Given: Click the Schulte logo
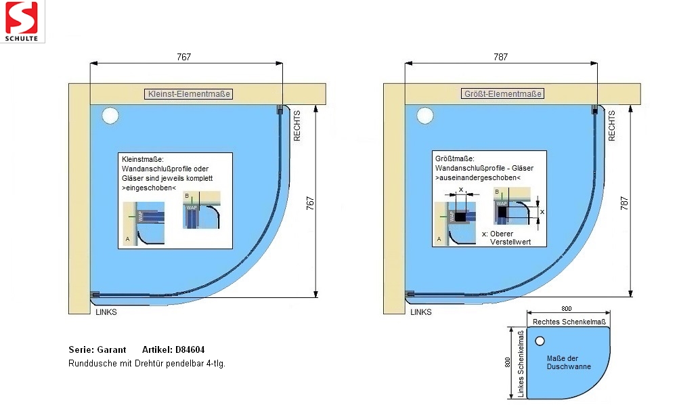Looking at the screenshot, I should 22,22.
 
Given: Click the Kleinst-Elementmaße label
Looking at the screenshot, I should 189,94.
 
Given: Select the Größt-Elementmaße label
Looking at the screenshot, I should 503,94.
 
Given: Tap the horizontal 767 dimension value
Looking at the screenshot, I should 184,58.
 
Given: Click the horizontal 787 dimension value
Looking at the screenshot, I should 500,58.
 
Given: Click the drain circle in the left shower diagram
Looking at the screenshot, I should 110,116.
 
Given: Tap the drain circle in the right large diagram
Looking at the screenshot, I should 424,116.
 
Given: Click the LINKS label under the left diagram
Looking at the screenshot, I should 106,312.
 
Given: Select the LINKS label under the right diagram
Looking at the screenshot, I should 420,312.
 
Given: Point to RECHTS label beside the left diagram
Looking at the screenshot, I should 297,125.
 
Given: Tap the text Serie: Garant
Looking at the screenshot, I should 97,350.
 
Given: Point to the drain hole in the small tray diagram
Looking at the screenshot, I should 540,341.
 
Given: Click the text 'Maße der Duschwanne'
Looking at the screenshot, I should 569,362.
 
